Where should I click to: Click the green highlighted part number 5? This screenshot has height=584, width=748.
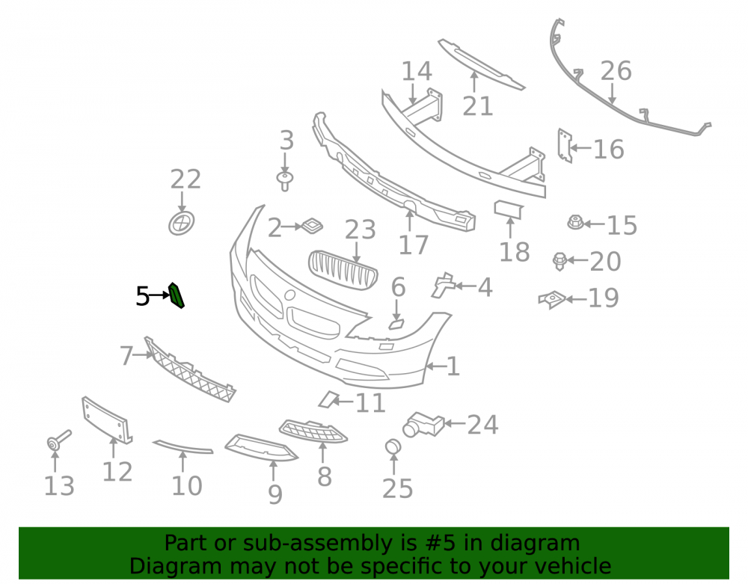(176, 295)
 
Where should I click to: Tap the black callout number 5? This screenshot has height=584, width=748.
(143, 296)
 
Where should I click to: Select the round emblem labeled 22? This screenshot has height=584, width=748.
(181, 223)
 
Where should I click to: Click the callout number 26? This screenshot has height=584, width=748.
(616, 71)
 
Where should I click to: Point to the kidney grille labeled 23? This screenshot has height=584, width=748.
(343, 270)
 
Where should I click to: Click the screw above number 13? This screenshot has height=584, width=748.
(58, 440)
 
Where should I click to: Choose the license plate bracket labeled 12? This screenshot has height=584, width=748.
(107, 420)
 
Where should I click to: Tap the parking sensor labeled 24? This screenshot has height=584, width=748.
(423, 424)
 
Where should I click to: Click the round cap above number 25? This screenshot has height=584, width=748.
(393, 446)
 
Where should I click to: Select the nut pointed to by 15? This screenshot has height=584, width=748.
(575, 222)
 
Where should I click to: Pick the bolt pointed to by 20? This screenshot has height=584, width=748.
(560, 261)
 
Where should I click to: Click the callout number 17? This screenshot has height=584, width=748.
(413, 245)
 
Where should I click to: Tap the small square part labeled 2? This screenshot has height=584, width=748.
(312, 226)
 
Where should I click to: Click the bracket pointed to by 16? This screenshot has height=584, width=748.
(565, 145)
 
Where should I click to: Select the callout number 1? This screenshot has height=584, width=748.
(453, 366)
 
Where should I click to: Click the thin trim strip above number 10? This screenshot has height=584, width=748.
(183, 446)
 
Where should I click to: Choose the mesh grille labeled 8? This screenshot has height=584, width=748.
(313, 431)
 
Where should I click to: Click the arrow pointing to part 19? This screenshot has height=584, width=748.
(576, 299)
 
